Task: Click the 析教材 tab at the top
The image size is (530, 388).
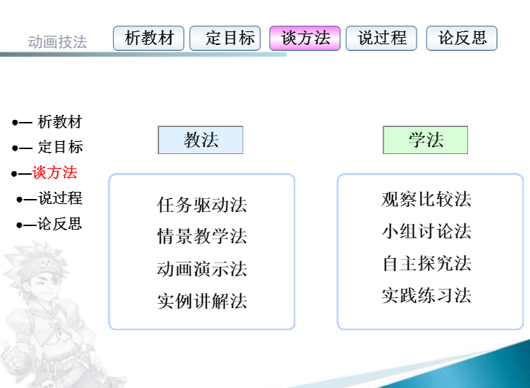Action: click(x=148, y=39)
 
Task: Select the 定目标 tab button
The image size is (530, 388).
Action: click(x=225, y=39)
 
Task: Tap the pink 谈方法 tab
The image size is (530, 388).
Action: click(x=305, y=39)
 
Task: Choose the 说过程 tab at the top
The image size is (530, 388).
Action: click(x=382, y=39)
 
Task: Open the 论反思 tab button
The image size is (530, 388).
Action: click(x=462, y=39)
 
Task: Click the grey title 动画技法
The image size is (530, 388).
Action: click(x=58, y=42)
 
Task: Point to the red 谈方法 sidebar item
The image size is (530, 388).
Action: click(x=55, y=173)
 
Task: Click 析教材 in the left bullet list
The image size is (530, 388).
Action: click(x=60, y=122)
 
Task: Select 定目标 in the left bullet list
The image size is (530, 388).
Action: click(x=60, y=147)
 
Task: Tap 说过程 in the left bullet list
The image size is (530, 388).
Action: click(x=60, y=198)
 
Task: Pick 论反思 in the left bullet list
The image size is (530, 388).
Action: click(x=59, y=224)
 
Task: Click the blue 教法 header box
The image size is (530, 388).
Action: click(x=200, y=140)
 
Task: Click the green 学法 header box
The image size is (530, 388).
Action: click(x=425, y=140)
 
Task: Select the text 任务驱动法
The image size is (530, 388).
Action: click(x=202, y=205)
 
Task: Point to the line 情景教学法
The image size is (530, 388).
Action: click(x=202, y=236)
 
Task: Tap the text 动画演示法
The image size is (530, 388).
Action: click(x=202, y=269)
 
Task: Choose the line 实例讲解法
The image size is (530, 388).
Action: click(x=202, y=301)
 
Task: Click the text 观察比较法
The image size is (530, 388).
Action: click(x=427, y=199)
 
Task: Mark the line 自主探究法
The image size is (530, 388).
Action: click(x=427, y=263)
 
